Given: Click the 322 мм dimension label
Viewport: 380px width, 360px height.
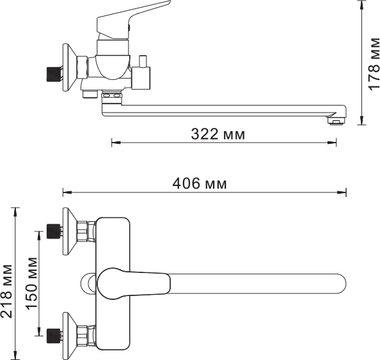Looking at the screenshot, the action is pos(218,134).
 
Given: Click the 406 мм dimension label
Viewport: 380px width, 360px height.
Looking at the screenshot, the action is pos(200,184).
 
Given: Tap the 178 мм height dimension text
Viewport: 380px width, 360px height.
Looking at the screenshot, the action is pos(374,64).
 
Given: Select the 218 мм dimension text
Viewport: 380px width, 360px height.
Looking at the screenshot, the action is pos(6,291).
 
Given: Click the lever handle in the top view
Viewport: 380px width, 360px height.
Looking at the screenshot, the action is pos(134,283).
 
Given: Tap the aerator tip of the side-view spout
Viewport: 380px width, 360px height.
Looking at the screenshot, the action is pos(336,120).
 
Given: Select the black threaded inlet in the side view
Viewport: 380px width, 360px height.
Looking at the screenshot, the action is pos(53,70).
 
